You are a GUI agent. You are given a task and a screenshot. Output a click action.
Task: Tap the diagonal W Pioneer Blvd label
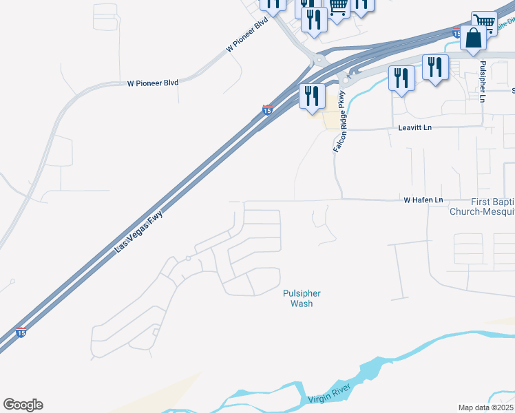click(x=246, y=35)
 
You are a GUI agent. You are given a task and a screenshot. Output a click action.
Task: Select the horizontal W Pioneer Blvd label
click(x=153, y=83)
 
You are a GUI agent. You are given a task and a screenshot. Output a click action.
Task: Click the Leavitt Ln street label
click(x=414, y=128)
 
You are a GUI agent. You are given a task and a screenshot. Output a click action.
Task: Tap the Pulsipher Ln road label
click(x=483, y=81)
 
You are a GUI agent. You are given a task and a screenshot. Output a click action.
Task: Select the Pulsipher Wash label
click(x=302, y=298)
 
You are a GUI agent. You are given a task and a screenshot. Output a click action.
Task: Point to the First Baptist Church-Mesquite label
click(x=482, y=206)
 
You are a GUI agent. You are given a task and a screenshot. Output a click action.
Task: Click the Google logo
click(x=23, y=405)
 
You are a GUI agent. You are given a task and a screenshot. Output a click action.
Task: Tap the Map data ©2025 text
click(x=486, y=407)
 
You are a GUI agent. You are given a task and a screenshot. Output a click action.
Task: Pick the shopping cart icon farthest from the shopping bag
click(x=337, y=7)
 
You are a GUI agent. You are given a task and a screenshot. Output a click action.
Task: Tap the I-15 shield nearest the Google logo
click(x=21, y=332)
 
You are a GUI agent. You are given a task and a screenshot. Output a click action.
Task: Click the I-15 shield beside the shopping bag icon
click(x=457, y=32)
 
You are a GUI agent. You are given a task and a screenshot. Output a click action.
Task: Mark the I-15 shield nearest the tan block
click(x=267, y=109)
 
